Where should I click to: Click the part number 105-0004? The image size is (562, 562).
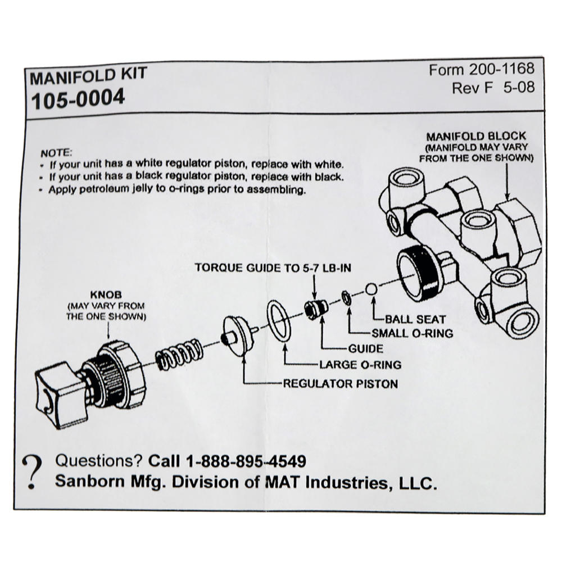pyautogui.click(x=78, y=99)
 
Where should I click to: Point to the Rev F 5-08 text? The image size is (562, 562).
pyautogui.click(x=493, y=88)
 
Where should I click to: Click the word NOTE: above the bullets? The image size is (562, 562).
pyautogui.click(x=56, y=153)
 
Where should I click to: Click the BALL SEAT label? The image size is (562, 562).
pyautogui.click(x=415, y=319)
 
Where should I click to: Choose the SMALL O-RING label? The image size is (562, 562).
pyautogui.click(x=413, y=333)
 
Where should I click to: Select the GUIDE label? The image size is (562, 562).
pyautogui.click(x=365, y=348)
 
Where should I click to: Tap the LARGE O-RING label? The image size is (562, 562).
pyautogui.click(x=360, y=365)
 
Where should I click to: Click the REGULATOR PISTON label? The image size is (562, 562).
pyautogui.click(x=341, y=384)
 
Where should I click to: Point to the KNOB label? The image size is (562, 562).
pyautogui.click(x=106, y=295)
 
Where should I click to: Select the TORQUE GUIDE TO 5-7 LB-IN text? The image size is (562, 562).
pyautogui.click(x=273, y=268)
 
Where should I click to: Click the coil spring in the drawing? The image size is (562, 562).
pyautogui.click(x=177, y=355)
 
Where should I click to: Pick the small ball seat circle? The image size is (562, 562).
pyautogui.click(x=371, y=289)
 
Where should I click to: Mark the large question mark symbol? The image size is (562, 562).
pyautogui.click(x=34, y=471)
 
